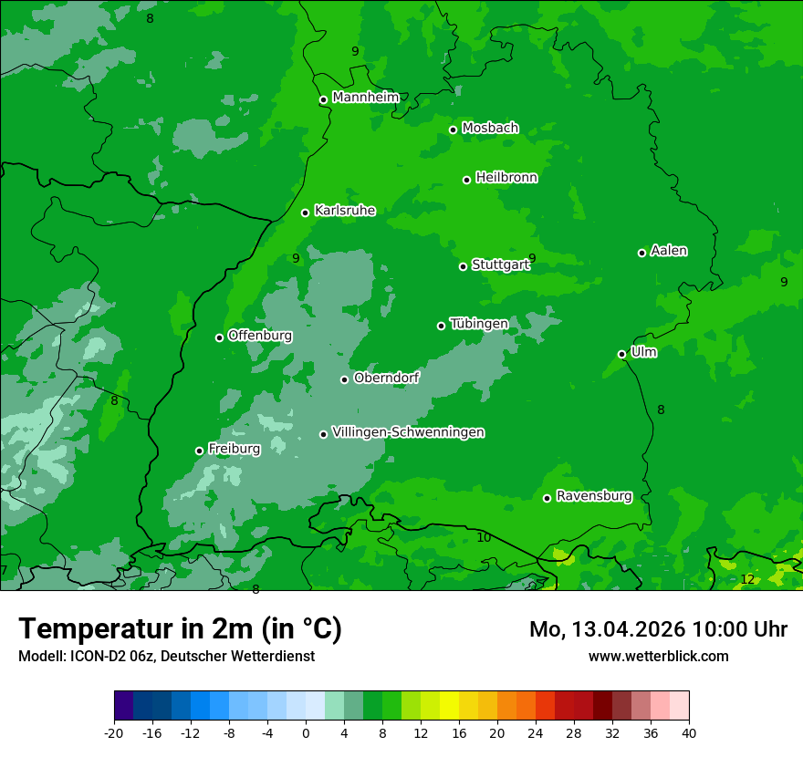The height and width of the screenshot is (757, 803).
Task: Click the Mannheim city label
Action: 366,98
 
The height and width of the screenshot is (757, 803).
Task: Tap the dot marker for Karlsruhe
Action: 306,213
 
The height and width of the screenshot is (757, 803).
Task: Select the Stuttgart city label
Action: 500,265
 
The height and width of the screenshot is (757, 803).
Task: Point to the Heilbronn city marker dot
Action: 467,180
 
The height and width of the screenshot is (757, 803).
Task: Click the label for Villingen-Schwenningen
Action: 408,432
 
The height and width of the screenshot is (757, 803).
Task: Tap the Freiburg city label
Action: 234,449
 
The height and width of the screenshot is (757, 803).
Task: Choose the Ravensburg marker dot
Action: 547,498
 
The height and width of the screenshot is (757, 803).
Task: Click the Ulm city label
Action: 643,352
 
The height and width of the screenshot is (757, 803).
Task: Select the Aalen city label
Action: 669,251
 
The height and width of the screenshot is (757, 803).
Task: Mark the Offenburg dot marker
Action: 220,337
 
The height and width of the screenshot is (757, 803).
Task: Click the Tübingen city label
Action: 479,324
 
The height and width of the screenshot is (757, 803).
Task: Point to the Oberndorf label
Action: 386,378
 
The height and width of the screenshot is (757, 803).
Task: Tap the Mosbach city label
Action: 490,129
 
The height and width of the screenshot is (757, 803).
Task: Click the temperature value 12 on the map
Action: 747,579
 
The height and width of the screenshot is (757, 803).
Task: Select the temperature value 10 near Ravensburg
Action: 484,537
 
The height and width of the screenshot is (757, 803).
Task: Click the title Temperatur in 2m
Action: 180,628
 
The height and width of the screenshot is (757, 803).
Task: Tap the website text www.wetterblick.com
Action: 658,656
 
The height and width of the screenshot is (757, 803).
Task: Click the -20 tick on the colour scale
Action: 114,732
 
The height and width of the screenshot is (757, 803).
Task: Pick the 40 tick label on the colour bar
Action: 688,732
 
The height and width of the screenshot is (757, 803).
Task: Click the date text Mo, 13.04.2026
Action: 608,629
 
